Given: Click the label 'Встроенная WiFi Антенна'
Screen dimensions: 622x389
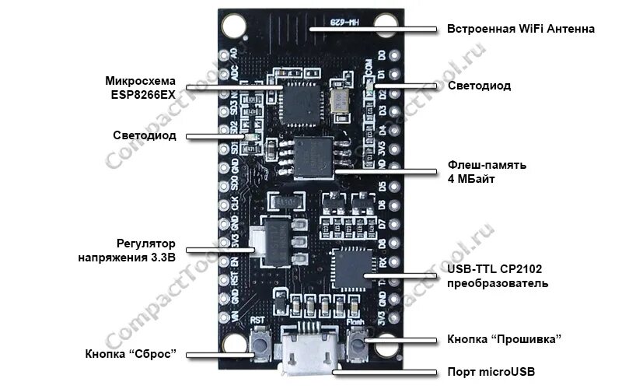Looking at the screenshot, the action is pos(520,29).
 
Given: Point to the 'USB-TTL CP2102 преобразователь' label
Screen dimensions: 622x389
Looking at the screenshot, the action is pos(498,275).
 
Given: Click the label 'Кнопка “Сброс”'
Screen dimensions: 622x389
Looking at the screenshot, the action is pos(131,354).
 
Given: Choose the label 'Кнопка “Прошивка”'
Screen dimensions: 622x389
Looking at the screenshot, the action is pos(504,339).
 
